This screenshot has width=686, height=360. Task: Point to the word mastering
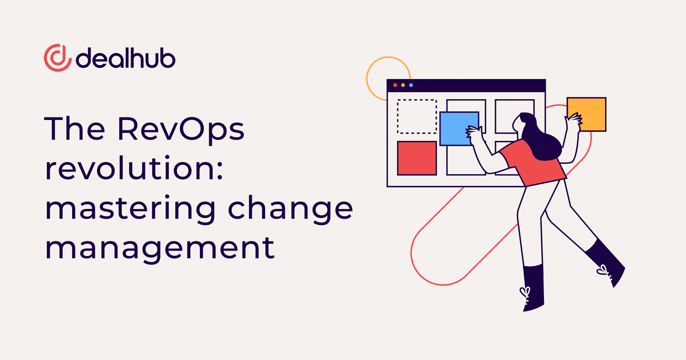(x=130, y=209)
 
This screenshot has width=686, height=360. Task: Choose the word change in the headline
(x=290, y=209)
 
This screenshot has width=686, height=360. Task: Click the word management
(x=160, y=248)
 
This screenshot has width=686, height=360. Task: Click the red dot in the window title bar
(x=395, y=85)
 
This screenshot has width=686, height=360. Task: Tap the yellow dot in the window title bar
(x=403, y=85)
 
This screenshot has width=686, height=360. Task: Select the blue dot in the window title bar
(x=411, y=85)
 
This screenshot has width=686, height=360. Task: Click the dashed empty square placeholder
(x=417, y=116)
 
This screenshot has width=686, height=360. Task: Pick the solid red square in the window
(x=417, y=158)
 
